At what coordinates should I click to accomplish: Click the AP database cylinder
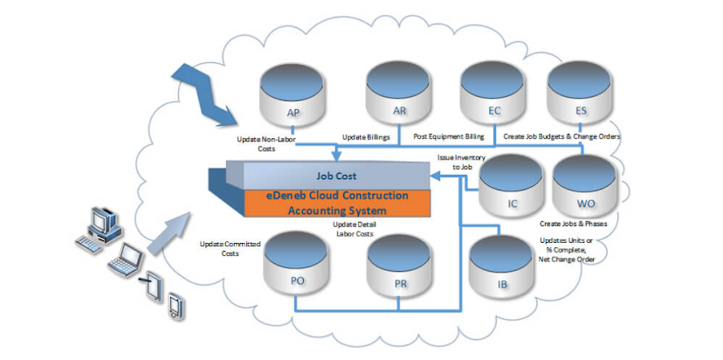(x=293, y=101)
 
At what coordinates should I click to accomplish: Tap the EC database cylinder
(x=494, y=98)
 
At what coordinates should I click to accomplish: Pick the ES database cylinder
(x=581, y=98)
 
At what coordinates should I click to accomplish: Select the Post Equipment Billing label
(x=451, y=138)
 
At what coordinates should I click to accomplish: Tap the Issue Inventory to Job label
(x=455, y=161)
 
